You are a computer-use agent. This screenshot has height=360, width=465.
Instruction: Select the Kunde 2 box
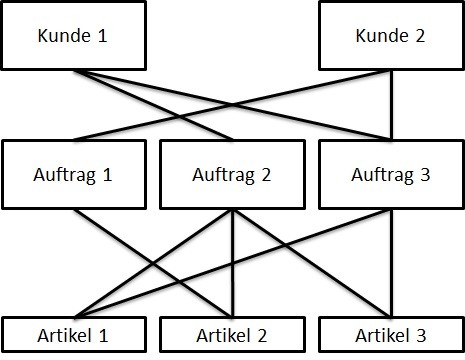391,37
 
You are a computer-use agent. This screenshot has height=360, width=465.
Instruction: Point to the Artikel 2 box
231,335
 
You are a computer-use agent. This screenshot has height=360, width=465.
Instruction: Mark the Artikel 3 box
391,335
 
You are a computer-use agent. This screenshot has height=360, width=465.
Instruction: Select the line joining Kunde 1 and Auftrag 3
300,120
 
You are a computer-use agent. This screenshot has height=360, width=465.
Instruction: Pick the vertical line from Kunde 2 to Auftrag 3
391,105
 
